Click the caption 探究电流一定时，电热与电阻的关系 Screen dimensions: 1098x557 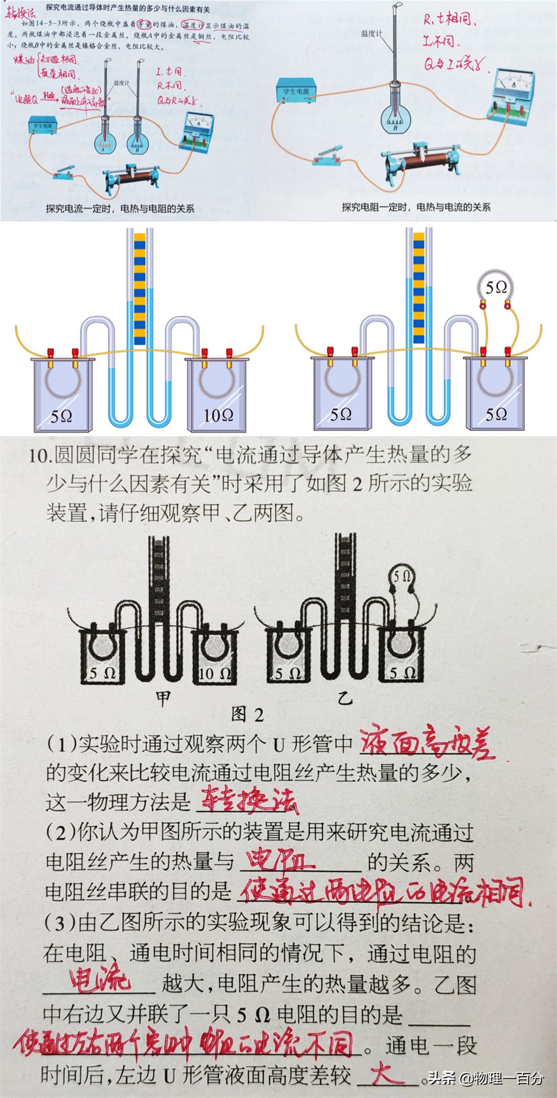pyautogui.click(x=119, y=209)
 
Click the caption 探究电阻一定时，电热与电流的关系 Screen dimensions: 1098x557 pyautogui.click(x=416, y=207)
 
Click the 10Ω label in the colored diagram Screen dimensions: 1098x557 pyautogui.click(x=218, y=415)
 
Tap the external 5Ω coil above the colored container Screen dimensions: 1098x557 pyautogui.click(x=495, y=288)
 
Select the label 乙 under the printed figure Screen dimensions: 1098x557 pyautogui.click(x=345, y=698)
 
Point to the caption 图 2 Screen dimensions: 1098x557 pyautogui.click(x=247, y=714)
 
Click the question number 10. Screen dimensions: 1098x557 pyautogui.click(x=39, y=456)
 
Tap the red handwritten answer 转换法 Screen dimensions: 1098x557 pyautogui.click(x=247, y=801)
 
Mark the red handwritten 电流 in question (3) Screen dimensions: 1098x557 pyautogui.click(x=100, y=980)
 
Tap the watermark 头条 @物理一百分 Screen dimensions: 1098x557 pyautogui.click(x=485, y=1078)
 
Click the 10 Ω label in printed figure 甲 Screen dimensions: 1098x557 pyautogui.click(x=215, y=674)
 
